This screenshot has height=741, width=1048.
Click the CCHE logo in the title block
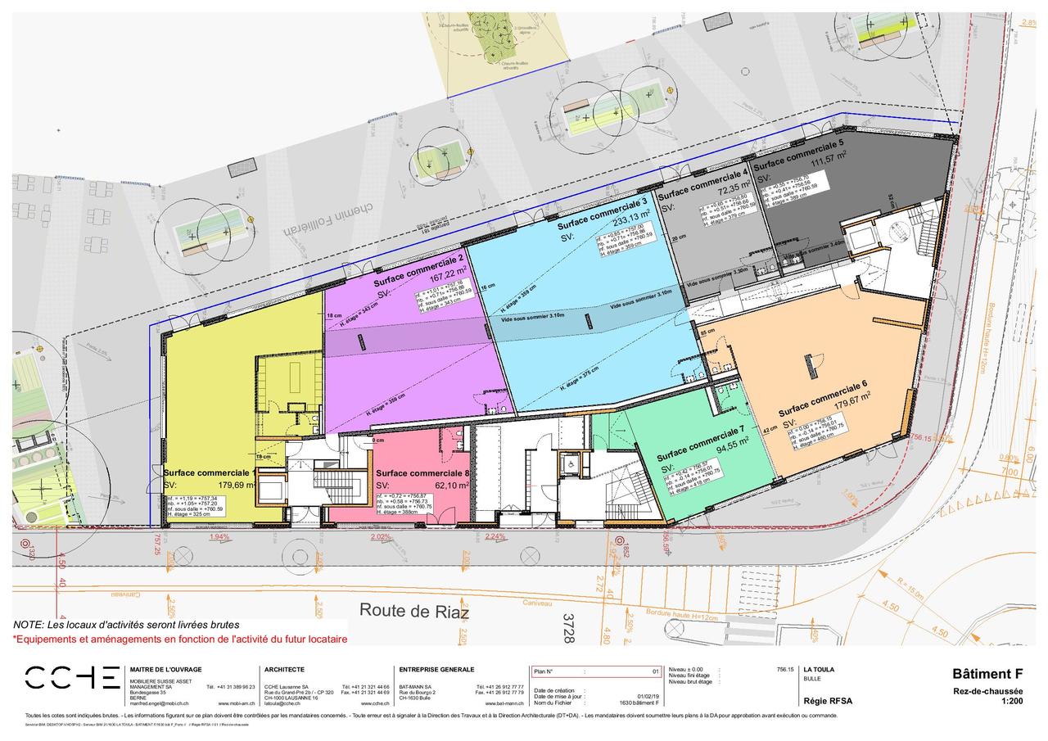click(x=72, y=677)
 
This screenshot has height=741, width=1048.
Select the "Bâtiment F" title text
click(x=987, y=674)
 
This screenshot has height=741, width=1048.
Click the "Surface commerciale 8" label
click(x=422, y=473)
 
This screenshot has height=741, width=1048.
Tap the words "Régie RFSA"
click(x=828, y=701)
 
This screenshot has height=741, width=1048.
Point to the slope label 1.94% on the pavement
click(x=219, y=536)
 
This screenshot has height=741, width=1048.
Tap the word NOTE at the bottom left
click(x=29, y=625)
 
